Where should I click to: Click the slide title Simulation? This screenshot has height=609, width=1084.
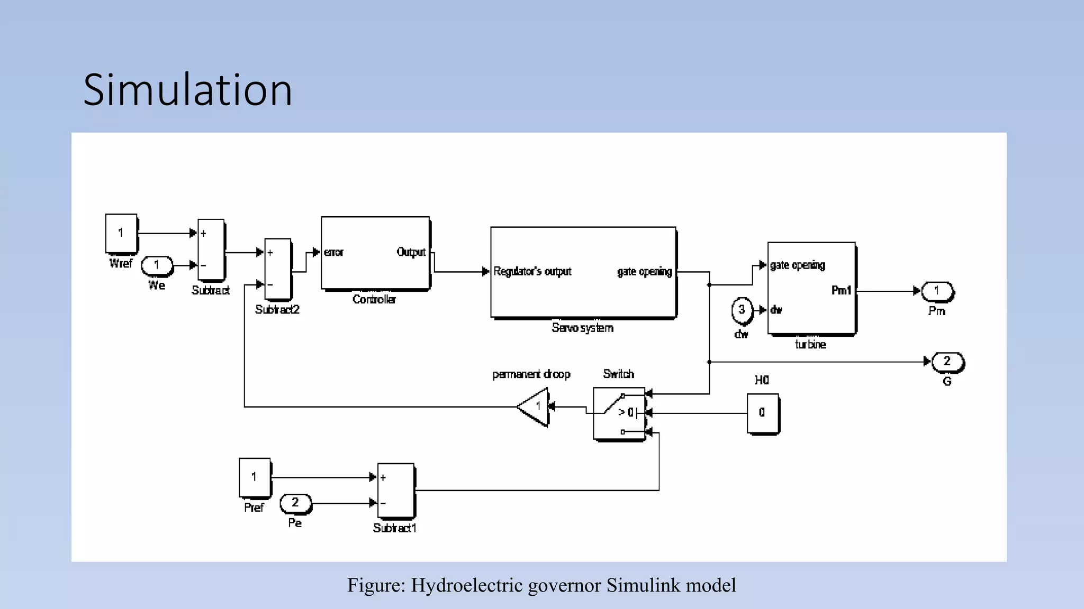[187, 90]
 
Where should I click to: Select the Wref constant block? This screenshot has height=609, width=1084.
[121, 233]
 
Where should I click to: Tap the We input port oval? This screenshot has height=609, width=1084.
[157, 265]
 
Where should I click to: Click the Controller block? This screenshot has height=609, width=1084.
[375, 253]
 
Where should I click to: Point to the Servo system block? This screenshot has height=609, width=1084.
[583, 272]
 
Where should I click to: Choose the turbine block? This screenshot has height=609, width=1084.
[811, 288]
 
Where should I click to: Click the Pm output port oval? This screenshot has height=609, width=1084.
[937, 291]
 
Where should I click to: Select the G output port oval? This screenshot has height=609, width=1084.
[947, 362]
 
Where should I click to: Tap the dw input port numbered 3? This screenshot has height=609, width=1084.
[742, 310]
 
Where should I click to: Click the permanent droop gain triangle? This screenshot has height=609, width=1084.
[535, 407]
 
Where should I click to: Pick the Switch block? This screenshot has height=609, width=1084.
[618, 413]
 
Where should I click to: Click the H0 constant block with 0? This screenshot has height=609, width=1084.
[762, 413]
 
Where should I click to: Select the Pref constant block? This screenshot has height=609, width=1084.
[255, 477]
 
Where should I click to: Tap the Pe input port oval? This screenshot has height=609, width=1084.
[295, 503]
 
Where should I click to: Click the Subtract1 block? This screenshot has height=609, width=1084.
[395, 491]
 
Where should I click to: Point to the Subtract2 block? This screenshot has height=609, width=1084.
[278, 269]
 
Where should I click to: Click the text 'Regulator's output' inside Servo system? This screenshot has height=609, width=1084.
[532, 272]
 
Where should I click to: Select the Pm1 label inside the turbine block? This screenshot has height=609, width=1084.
[841, 290]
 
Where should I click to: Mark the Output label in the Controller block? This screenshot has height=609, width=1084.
[411, 252]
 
